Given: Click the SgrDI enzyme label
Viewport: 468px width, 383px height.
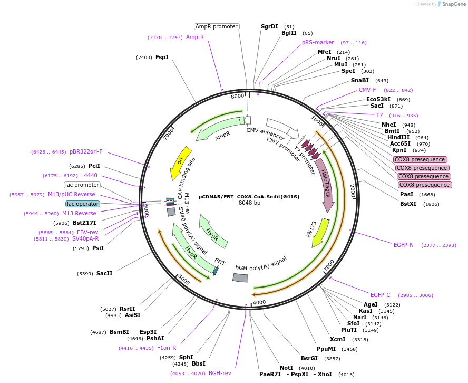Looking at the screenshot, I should [269, 26].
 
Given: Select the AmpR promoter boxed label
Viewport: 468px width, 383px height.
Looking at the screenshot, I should [217, 26].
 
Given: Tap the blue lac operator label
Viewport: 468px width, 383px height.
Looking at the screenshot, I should [82, 204].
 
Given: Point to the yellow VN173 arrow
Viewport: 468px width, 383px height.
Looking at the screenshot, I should [320, 233].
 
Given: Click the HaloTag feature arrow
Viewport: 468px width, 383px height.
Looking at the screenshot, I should [323, 180].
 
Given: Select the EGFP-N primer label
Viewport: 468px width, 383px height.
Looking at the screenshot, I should [404, 245].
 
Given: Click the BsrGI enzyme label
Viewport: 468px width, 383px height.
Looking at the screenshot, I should [309, 358].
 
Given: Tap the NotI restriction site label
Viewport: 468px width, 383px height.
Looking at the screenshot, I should [286, 368].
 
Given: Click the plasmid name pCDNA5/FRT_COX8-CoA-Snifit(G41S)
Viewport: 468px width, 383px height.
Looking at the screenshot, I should [249, 196].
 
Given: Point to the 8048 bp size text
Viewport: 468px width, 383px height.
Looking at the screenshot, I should [249, 203].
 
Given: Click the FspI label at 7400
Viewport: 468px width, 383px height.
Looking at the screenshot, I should [162, 57].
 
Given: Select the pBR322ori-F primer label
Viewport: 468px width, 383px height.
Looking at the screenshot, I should [86, 151].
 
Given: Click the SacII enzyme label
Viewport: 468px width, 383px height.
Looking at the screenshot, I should [104, 273].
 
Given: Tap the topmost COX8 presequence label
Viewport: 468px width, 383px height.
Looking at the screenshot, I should [420, 159].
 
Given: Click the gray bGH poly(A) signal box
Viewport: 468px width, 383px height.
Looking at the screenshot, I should [240, 277].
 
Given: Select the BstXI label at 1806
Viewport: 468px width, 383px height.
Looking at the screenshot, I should [408, 204].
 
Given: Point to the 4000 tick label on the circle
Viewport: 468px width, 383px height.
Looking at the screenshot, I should [259, 302].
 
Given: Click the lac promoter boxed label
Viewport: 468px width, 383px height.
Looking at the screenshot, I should [82, 185].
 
